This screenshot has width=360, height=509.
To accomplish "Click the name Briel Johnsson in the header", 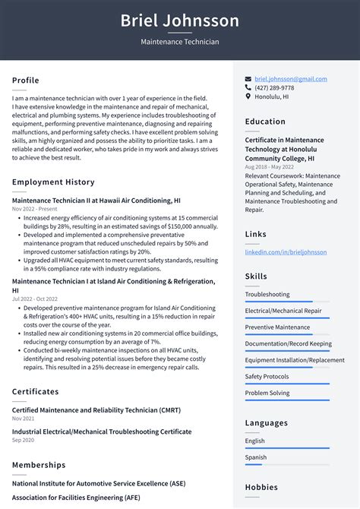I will coord(180,21).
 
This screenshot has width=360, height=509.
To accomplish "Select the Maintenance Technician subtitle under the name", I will coord(180,42).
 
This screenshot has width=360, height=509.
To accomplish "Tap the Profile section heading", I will coord(26,81).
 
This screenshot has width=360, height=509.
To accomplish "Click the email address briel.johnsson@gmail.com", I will coord(291,79).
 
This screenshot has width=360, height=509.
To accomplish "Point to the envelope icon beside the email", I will coord(248,79).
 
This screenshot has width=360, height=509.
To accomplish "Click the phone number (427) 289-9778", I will coord(274,88).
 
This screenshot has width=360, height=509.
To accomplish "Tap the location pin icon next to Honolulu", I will coord(248,96).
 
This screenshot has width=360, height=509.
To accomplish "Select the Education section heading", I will coord(265,122).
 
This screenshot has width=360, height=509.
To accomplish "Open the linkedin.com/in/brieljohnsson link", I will coord(286,252).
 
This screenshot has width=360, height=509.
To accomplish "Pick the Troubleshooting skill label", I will coord(267,294).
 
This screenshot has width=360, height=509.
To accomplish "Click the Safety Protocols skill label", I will coord(267,376).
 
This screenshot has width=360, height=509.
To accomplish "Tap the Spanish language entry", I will coord(256,457).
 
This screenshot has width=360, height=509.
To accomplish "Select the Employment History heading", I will coord(53,182).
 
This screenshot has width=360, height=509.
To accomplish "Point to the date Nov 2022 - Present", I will coord(34,209).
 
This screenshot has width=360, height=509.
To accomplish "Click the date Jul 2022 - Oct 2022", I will coord(34,299).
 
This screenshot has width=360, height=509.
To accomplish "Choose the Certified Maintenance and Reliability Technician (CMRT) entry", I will coord(96,410).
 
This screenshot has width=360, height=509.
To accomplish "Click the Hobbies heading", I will coord(261,488).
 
